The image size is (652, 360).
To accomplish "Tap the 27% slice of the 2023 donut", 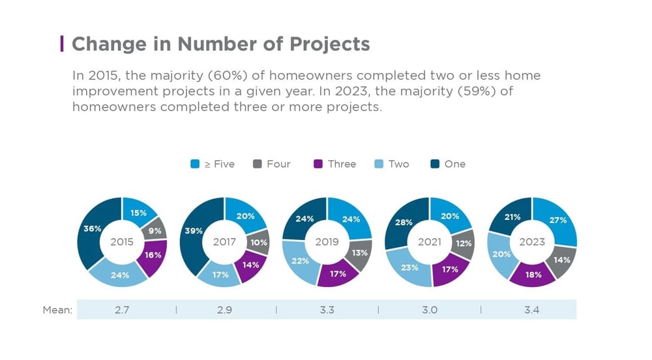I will coord(557,221).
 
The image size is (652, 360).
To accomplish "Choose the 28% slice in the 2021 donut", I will coord(403,224).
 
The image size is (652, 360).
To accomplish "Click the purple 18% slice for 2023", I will coord(533,275).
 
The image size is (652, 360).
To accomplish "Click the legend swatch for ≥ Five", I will coord(195,164).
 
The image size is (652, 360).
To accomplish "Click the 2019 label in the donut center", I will coord(327,242).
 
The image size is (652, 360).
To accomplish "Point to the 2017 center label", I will coord(224,242).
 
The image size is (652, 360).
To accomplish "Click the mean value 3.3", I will coord(327,310).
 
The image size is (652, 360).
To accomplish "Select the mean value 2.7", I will coord(122,310).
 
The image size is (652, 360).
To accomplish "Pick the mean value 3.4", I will coord(532,310).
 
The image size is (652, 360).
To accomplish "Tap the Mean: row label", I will coord(57,310).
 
